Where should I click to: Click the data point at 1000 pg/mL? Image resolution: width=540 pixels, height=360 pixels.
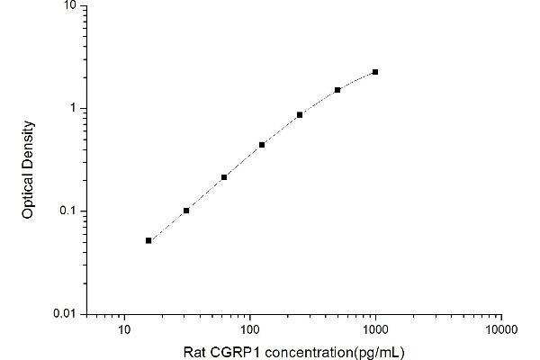pyautogui.click(x=375, y=72)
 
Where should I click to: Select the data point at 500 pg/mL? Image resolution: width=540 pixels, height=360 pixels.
pyautogui.click(x=337, y=90)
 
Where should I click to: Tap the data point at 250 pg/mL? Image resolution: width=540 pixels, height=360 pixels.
pyautogui.click(x=300, y=115)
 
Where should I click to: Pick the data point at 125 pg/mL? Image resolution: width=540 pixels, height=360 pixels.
pyautogui.click(x=262, y=145)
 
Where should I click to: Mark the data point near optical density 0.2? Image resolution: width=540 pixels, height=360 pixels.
pyautogui.click(x=224, y=177)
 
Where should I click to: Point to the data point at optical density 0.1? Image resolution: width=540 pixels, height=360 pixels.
pyautogui.click(x=186, y=211)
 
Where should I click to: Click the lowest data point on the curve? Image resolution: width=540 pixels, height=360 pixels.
pyautogui.click(x=148, y=240)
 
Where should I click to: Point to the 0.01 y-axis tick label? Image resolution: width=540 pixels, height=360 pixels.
pyautogui.click(x=66, y=314)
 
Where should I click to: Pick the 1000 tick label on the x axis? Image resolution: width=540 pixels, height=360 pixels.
pyautogui.click(x=375, y=329)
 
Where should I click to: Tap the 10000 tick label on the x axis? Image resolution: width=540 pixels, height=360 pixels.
pyautogui.click(x=500, y=329)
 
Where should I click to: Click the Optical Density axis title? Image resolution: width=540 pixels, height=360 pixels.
pyautogui.click(x=29, y=168)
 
